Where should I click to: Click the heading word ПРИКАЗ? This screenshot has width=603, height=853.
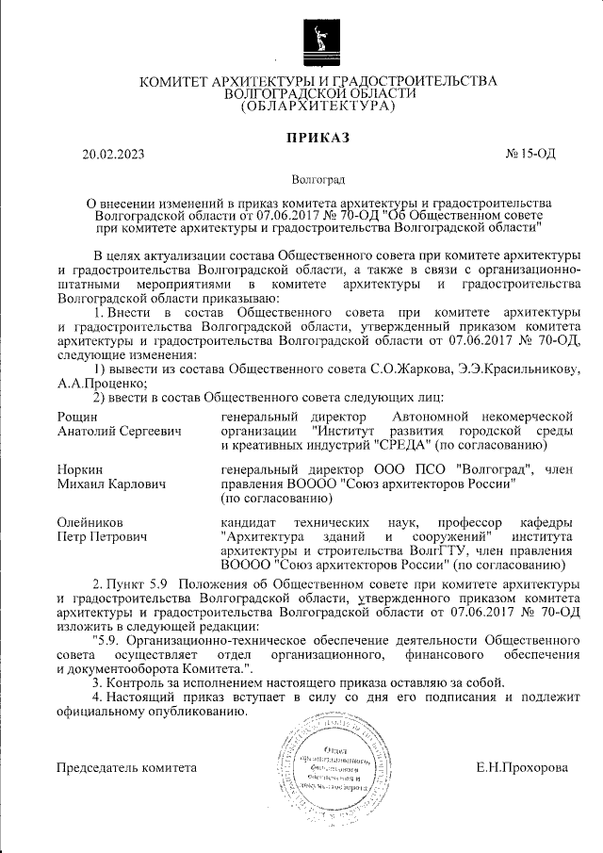coord(318,138)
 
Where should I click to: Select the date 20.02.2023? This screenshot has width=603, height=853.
coord(113,154)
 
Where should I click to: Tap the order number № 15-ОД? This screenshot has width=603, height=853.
coord(530,154)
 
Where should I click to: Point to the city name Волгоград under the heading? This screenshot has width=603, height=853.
coord(318,179)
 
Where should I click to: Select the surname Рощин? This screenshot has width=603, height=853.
coord(77,416)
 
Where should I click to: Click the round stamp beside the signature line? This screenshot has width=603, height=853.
coord(329,761)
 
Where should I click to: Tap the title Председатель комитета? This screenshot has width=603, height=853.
coord(126,767)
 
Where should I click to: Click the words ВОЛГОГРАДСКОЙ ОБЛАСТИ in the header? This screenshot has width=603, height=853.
coord(318,94)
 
